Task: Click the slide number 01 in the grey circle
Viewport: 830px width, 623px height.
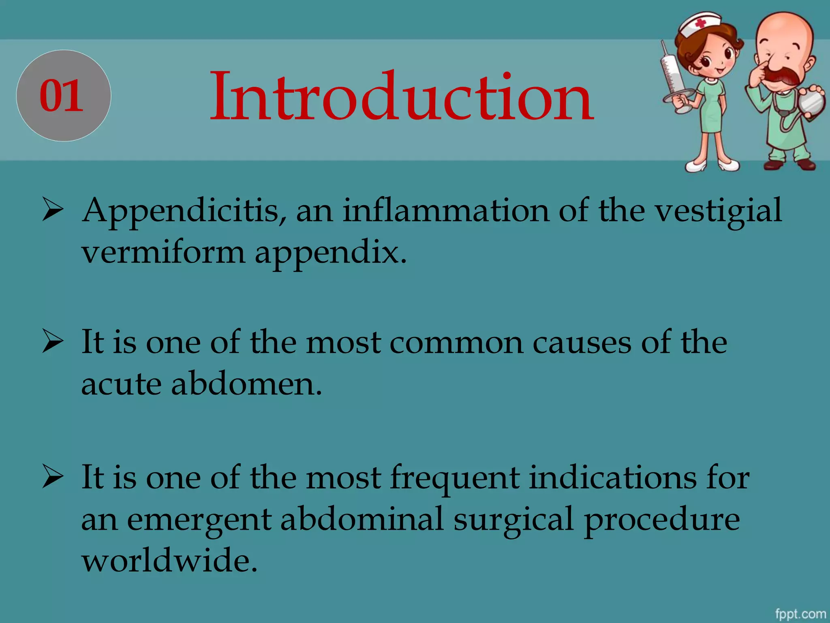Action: tap(62, 96)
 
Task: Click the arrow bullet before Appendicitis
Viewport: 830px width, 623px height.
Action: tap(53, 211)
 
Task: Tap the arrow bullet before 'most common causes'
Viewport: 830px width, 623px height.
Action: tap(53, 343)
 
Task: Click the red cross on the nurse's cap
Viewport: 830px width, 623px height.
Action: tap(701, 23)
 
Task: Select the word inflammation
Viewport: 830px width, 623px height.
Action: tap(446, 211)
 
